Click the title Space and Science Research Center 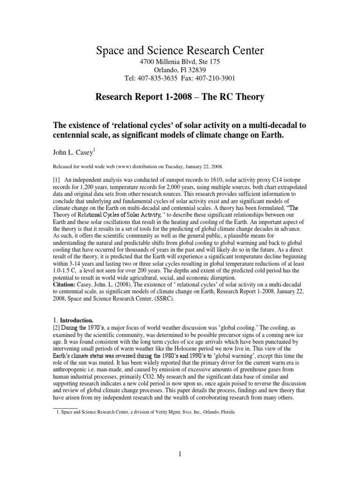[x=180, y=50]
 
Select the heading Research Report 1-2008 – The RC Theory [x=180, y=97]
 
